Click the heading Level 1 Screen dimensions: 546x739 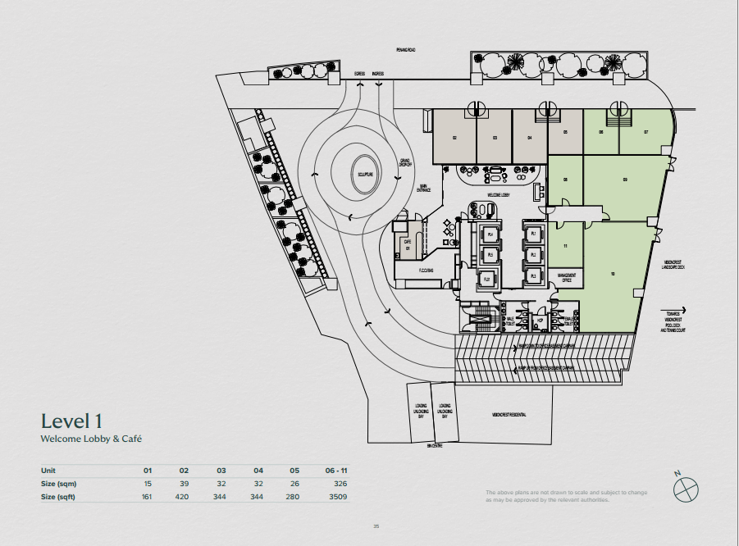[x=71, y=421]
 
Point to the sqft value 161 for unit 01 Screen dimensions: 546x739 [x=148, y=497]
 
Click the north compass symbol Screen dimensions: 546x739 [x=685, y=489]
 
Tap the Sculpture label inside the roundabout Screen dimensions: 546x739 [x=364, y=175]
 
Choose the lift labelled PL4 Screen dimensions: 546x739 [x=490, y=234]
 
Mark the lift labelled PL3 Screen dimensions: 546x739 [x=533, y=276]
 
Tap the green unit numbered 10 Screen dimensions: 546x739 [x=613, y=274]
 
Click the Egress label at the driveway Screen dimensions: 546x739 [x=359, y=74]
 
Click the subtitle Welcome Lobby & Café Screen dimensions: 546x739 [x=91, y=439]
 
